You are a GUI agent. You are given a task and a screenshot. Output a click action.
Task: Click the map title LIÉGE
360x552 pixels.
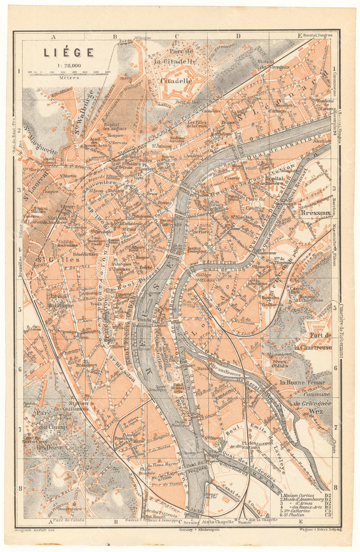click(x=69, y=52)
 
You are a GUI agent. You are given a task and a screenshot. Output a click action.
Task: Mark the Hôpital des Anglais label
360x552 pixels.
click(x=114, y=126)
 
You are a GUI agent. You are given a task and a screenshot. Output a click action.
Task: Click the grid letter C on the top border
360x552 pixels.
click(x=177, y=36)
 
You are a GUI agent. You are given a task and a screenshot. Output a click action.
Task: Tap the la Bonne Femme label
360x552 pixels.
click(x=302, y=383)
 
